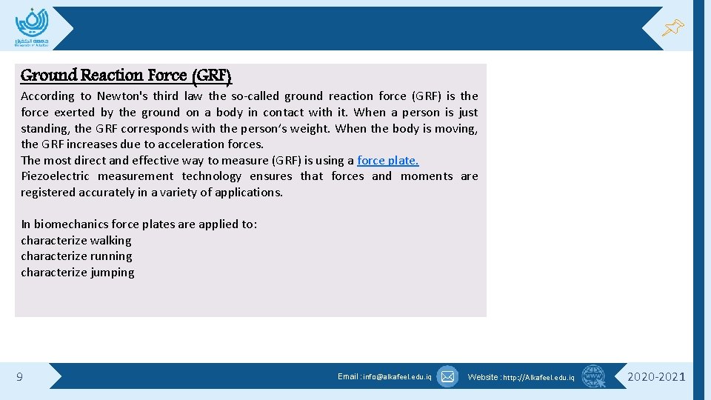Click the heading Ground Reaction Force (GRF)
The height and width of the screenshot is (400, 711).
[x=126, y=76]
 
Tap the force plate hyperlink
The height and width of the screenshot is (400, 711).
[x=387, y=161]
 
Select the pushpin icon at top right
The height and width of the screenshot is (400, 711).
[x=672, y=28]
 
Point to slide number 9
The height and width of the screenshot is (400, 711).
[x=19, y=378]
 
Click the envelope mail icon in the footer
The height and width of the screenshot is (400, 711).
[x=447, y=377]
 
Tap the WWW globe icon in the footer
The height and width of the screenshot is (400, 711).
[x=593, y=377]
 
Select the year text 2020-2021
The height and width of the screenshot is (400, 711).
[x=656, y=377]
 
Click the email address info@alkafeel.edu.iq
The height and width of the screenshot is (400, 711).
[x=396, y=377]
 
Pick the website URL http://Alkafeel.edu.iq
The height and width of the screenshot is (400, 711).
[x=538, y=378]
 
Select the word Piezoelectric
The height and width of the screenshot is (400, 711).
[x=55, y=176]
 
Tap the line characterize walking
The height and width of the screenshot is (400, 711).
[x=76, y=241]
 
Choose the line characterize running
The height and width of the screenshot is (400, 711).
[x=76, y=256]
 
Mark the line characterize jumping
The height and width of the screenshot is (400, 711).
[x=77, y=273]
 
